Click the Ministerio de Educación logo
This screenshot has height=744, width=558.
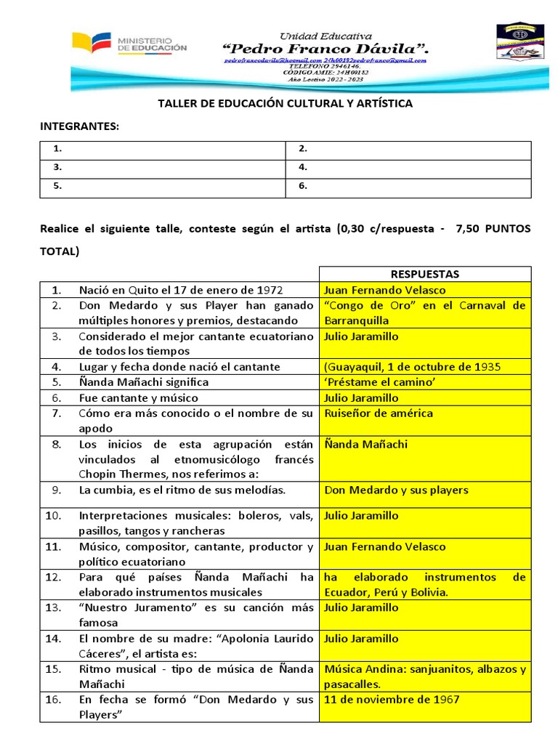[x=129, y=44]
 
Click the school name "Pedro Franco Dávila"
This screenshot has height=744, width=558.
[x=325, y=49]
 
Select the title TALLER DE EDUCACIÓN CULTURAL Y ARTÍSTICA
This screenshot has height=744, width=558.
[x=285, y=103]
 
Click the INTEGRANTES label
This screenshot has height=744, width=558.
[x=78, y=126]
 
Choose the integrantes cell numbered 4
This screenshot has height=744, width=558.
[x=408, y=167]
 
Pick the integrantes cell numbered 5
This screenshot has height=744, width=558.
[x=162, y=186]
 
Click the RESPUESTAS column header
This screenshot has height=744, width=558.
[x=424, y=274]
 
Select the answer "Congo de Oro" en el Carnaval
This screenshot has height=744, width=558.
[x=424, y=312]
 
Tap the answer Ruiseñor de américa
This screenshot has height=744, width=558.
[x=379, y=413]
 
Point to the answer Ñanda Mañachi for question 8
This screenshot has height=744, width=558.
[x=366, y=444]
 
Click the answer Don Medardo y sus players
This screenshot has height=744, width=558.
[x=396, y=490]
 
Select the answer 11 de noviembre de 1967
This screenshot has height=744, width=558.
[x=392, y=700]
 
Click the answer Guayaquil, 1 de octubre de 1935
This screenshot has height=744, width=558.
[x=413, y=367]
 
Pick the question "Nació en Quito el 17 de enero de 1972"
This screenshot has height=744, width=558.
[x=181, y=290]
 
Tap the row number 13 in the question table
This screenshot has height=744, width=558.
[x=53, y=607]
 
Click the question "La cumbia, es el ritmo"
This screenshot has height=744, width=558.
[x=182, y=490]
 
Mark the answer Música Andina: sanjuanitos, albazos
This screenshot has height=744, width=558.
[x=424, y=676]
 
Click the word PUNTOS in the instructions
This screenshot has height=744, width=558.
[x=505, y=228]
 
